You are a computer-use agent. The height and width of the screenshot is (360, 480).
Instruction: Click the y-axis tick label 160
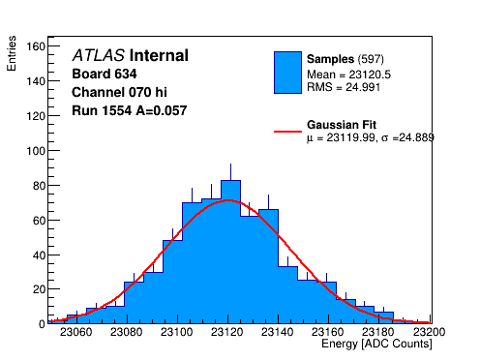[x=36, y=46]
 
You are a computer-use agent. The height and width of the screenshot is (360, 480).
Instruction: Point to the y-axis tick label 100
[x=36, y=151]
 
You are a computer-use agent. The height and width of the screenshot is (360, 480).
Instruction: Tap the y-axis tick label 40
[x=39, y=255]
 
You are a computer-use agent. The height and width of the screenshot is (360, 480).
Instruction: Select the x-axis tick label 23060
[x=76, y=332]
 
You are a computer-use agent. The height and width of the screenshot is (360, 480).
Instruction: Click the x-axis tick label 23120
[x=227, y=332]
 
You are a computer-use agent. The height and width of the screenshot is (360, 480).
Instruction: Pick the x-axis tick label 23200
[x=429, y=332]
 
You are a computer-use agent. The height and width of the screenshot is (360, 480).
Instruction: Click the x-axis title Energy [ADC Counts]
[x=376, y=344]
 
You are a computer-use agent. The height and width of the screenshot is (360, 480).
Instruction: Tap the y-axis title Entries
[x=12, y=53]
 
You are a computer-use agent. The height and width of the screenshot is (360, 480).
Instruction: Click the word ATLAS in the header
[x=99, y=55]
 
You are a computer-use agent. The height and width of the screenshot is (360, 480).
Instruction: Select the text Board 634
[x=105, y=74]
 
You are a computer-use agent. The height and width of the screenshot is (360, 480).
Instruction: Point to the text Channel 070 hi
[x=119, y=92]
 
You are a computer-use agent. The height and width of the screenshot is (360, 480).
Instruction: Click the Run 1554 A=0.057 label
[x=130, y=110]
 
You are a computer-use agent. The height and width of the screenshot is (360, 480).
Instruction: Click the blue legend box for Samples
[x=287, y=73]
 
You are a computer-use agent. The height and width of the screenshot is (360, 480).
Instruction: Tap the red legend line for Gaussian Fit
[x=287, y=132]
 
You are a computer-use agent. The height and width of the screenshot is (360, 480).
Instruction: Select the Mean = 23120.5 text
[x=348, y=75]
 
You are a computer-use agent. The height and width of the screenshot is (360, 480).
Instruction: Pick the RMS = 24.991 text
[x=344, y=87]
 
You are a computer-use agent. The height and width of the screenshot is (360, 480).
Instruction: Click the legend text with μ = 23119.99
[x=371, y=137]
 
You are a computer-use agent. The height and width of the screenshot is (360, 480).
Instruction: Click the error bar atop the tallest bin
[x=230, y=172]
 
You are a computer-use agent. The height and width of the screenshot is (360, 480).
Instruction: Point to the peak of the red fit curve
[x=228, y=200]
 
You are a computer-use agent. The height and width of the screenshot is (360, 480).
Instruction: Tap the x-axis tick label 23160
[x=328, y=332]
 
